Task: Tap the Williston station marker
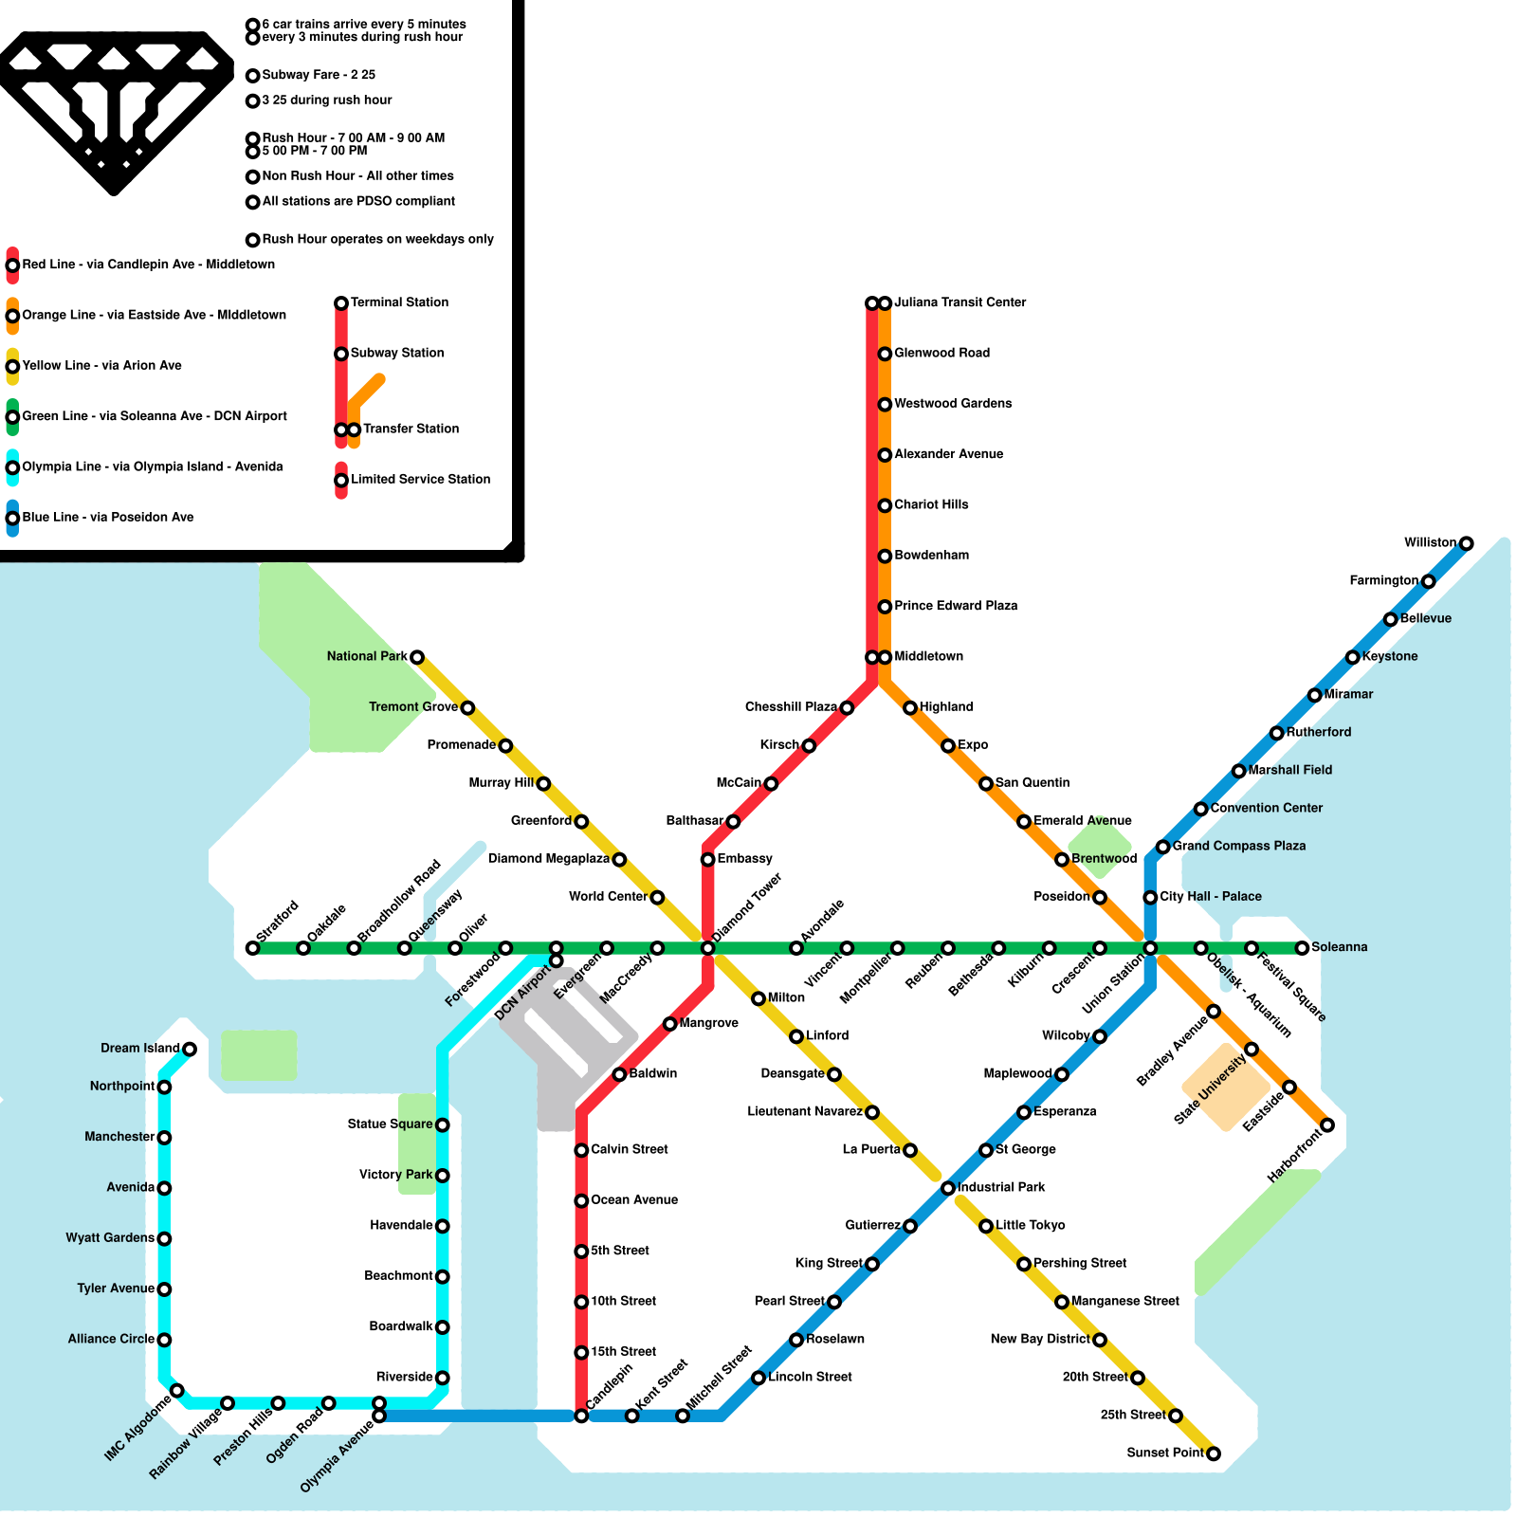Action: tap(1466, 543)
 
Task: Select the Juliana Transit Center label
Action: tap(960, 302)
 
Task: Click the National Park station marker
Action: tap(416, 657)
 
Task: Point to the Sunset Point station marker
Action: tap(1213, 1453)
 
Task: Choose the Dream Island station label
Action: tap(140, 1049)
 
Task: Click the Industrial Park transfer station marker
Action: tap(947, 1188)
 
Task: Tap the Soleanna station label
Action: tap(1339, 947)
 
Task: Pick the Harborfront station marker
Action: tap(1327, 1125)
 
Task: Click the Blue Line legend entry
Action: tap(107, 518)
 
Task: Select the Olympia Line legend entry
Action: tap(152, 466)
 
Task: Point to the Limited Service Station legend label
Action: tap(420, 480)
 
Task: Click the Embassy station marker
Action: tap(707, 860)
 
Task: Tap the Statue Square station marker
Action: tap(442, 1125)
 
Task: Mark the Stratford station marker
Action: tap(252, 948)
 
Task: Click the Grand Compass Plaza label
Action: tap(1238, 846)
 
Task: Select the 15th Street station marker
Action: tap(581, 1353)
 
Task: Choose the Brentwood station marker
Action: tap(1062, 860)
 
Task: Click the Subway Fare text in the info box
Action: tap(319, 75)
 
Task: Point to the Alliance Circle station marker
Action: tap(164, 1340)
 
